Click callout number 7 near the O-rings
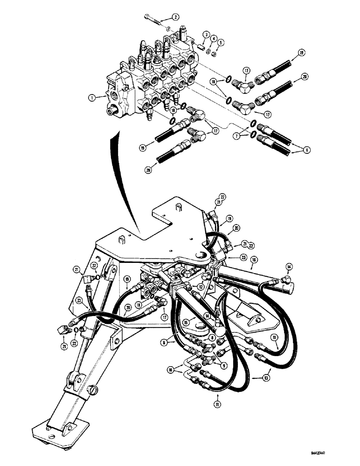tap(239, 137)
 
